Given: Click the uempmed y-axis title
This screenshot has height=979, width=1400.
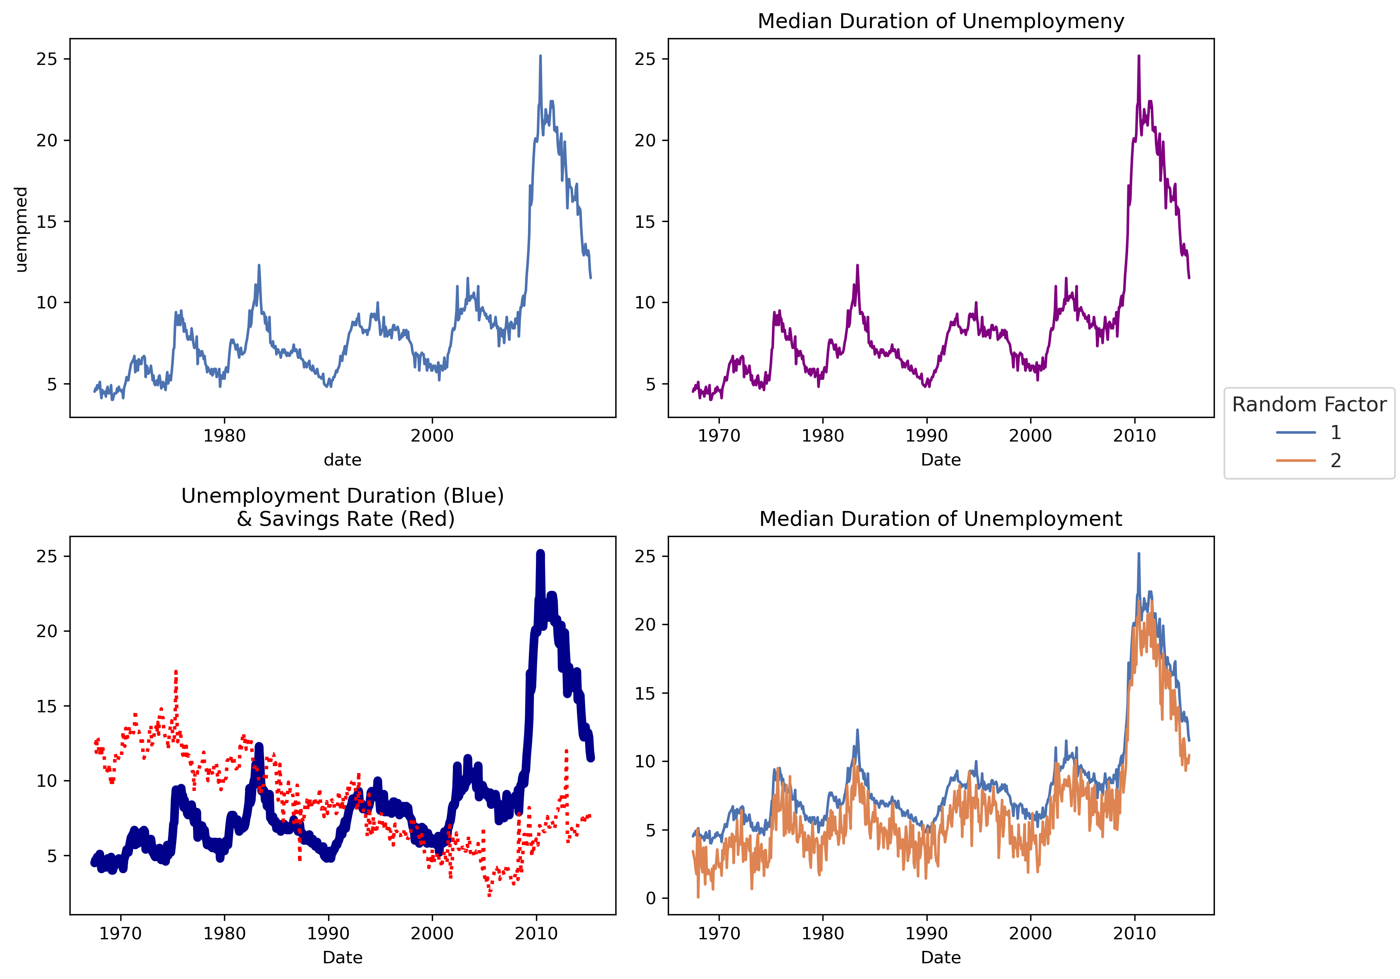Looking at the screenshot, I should click(x=21, y=229).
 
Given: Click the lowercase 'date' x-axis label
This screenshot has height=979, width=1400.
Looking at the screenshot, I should click(x=342, y=460).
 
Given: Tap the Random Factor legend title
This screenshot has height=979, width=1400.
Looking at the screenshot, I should click(x=1309, y=404).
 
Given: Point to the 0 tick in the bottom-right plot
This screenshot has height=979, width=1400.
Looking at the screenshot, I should click(x=650, y=898).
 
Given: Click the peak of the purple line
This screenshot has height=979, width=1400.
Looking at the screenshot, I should click(x=1138, y=56).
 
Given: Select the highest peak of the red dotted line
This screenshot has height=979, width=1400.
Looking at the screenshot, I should click(x=176, y=671).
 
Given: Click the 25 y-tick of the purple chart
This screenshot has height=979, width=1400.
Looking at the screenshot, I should click(x=645, y=59).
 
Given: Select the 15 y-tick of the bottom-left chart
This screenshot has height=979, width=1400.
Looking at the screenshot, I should click(x=46, y=707).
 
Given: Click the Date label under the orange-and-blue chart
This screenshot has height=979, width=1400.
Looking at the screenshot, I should click(x=940, y=958).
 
